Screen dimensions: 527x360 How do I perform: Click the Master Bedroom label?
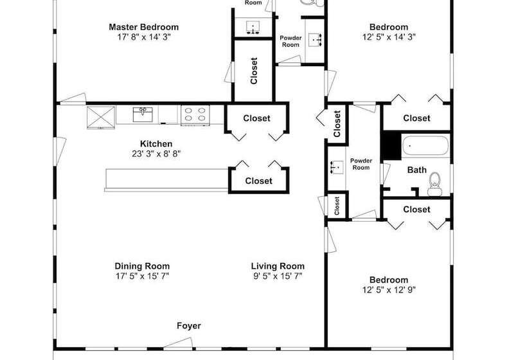(x=143, y=27)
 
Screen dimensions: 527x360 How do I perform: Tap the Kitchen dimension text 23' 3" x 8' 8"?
(x=156, y=154)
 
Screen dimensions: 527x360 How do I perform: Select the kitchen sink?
(x=143, y=114)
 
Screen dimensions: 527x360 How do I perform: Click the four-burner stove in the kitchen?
(x=195, y=115)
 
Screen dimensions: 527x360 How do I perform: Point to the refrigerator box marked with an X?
(x=101, y=117)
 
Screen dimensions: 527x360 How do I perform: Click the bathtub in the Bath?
(x=425, y=145)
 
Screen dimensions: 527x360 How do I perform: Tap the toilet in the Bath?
(x=434, y=184)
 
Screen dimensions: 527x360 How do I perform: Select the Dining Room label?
(x=142, y=266)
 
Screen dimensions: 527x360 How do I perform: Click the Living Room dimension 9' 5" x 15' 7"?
(x=278, y=276)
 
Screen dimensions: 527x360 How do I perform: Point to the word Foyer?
(x=188, y=326)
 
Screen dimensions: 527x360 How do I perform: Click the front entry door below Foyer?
(x=178, y=343)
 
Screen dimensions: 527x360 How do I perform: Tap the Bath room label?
(x=416, y=170)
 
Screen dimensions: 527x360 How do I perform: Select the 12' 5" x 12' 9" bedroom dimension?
(x=389, y=290)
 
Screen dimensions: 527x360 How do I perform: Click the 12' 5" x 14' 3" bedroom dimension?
(x=389, y=37)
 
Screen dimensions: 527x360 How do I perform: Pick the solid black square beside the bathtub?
(x=391, y=145)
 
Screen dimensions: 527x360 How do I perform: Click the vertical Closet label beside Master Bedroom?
(x=254, y=71)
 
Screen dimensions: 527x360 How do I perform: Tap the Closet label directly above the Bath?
(x=416, y=118)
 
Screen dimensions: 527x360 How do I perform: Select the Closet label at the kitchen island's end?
(x=258, y=181)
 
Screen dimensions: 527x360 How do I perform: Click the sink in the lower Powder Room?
(x=337, y=166)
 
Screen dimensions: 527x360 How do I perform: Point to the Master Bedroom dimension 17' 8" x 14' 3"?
(x=143, y=37)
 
